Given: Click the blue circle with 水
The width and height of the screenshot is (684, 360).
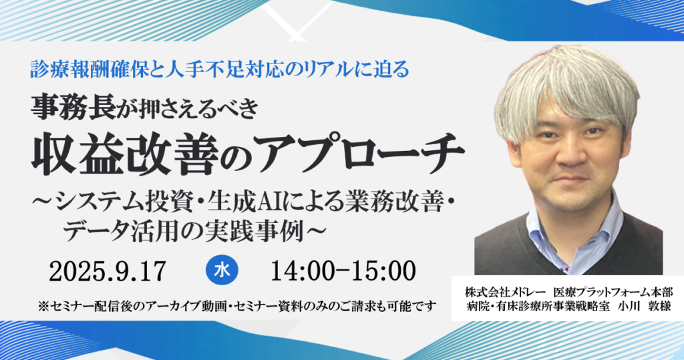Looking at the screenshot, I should tap(221, 271).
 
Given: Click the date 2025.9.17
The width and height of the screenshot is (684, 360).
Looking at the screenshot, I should tap(108, 271).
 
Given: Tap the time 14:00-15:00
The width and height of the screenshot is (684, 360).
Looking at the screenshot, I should tap(343, 271).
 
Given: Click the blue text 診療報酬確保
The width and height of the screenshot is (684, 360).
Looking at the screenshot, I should tap(74, 68).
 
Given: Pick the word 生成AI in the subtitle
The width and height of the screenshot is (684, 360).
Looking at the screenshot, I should tap(251, 200).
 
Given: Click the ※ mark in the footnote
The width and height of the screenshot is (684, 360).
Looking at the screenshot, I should tap(44, 307).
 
